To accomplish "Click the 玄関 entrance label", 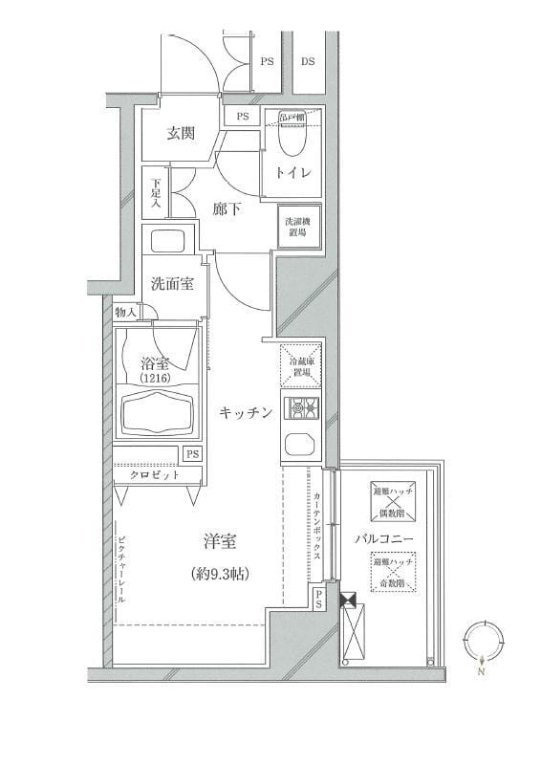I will pos(182,133).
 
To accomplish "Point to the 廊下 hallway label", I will pos(227,208).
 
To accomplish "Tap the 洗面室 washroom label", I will pos(173,284).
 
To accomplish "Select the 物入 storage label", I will pos(126,312).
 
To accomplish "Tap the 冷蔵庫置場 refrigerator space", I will pos(301,364).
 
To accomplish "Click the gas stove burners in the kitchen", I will pos(302,409).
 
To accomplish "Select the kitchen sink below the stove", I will pos(302,444).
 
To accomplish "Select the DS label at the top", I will pos(308,61).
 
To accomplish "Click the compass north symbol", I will pos(483,642).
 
